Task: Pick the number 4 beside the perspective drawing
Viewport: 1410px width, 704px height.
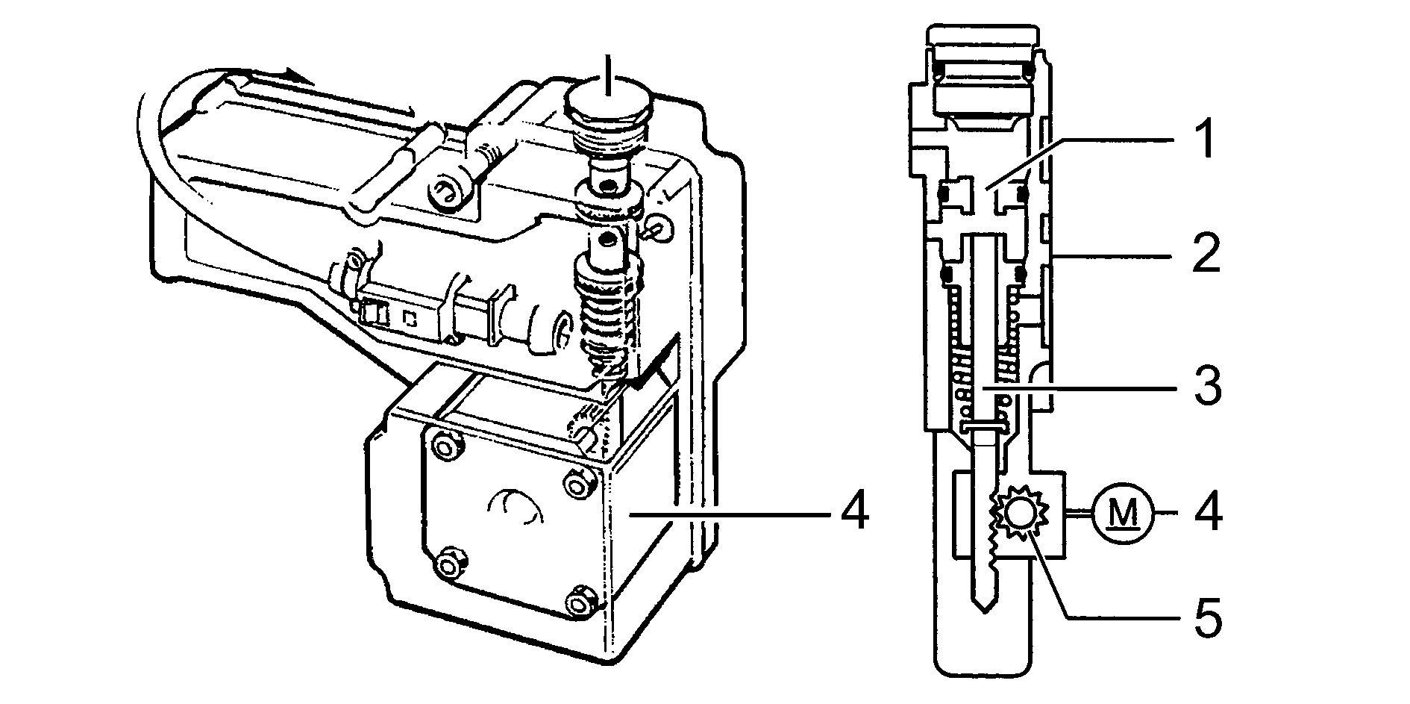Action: click(x=852, y=514)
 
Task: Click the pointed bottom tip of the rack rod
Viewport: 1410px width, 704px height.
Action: click(x=986, y=605)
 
